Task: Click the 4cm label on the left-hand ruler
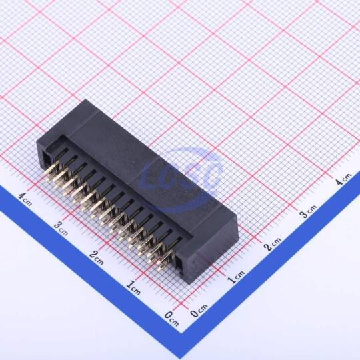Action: (x=25, y=199)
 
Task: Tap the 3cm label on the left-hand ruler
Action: (x=61, y=228)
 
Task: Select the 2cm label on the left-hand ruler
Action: (x=97, y=257)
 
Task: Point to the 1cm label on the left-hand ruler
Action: (x=133, y=288)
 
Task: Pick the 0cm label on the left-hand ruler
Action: (x=171, y=318)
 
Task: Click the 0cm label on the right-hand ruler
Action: (x=199, y=311)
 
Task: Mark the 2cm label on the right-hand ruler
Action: (x=272, y=243)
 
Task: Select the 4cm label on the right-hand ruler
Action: (x=343, y=179)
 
